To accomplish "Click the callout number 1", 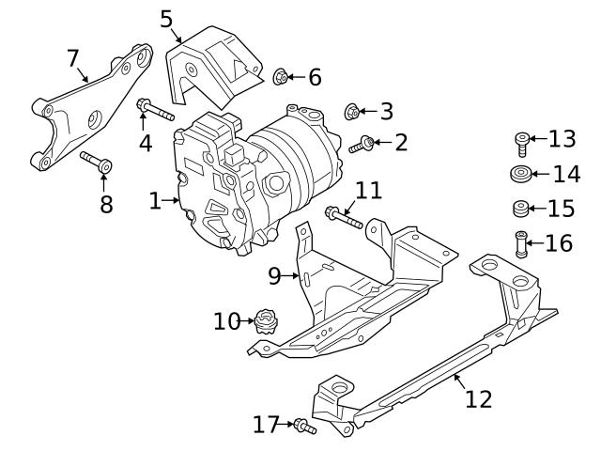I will coord(155,199).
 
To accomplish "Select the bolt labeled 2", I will coord(362,145).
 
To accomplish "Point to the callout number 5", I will coord(166,18).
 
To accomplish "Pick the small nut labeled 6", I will coord(280,76).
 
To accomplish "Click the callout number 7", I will coord(73,58).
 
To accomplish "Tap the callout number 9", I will coord(274,275).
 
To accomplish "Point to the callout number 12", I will coord(478,399).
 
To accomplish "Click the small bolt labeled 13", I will coord(522,143).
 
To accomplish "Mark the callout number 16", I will coord(558,243).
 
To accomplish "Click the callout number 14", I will coord(566,174).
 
